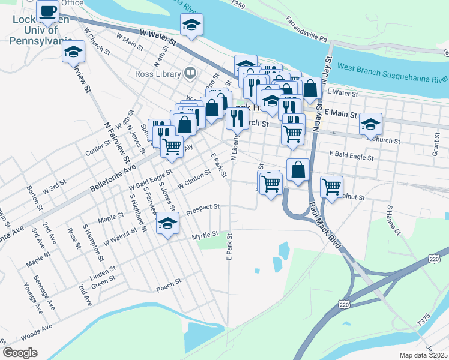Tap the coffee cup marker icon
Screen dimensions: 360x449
[47, 11]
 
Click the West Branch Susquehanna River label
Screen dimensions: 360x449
[393, 73]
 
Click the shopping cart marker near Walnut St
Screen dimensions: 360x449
[331, 187]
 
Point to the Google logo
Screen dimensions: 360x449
[20, 353]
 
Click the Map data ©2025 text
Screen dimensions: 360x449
[423, 355]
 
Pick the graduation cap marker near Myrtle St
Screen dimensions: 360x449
[167, 224]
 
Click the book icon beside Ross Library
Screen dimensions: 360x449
[190, 73]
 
